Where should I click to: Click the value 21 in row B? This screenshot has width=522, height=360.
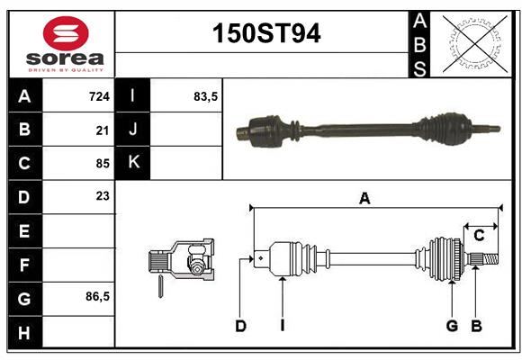click(103, 130)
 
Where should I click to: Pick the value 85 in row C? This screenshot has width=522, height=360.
click(103, 164)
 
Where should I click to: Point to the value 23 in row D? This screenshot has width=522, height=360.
click(103, 195)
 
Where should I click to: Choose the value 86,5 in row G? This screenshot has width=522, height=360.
click(97, 296)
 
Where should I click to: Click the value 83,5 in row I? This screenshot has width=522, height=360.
click(206, 95)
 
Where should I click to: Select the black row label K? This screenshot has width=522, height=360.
click(133, 163)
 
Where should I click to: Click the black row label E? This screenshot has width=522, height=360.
click(23, 230)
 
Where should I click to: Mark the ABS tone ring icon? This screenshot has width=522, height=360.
click(472, 43)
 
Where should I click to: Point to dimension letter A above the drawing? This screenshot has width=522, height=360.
click(364, 199)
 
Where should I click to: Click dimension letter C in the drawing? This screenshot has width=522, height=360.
click(480, 236)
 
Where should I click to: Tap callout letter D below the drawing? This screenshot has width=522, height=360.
click(241, 326)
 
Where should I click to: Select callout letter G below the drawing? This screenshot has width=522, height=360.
click(452, 326)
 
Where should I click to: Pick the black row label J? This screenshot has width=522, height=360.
click(133, 130)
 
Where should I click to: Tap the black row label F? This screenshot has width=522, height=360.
click(23, 265)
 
